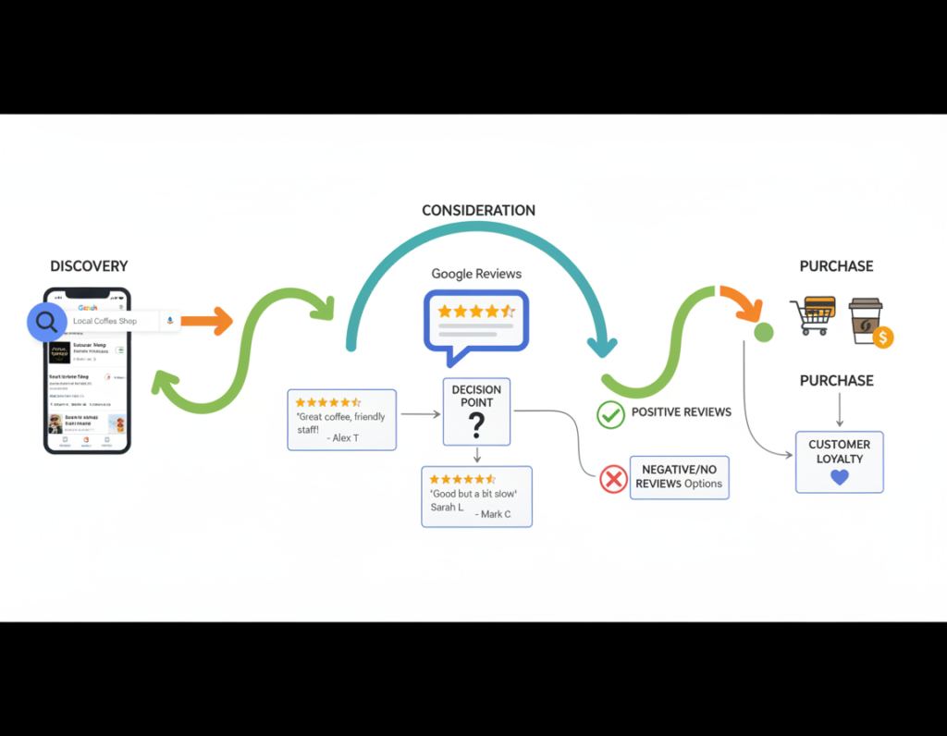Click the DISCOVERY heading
click(x=89, y=266)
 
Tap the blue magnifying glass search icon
click(x=45, y=322)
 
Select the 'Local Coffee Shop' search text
click(x=105, y=322)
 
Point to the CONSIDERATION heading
click(x=478, y=211)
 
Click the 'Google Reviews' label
click(x=476, y=274)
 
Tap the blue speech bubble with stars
click(x=475, y=320)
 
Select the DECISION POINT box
click(x=477, y=411)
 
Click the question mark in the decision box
click(x=477, y=426)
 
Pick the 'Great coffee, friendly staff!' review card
click(x=342, y=420)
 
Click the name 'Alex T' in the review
click(x=345, y=438)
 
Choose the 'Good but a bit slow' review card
click(x=476, y=497)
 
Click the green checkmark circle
click(x=610, y=414)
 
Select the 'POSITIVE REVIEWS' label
click(x=681, y=412)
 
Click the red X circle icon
click(x=613, y=479)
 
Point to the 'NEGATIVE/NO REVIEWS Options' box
click(x=680, y=477)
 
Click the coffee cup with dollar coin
click(x=869, y=322)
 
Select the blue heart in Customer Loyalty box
click(x=840, y=477)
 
